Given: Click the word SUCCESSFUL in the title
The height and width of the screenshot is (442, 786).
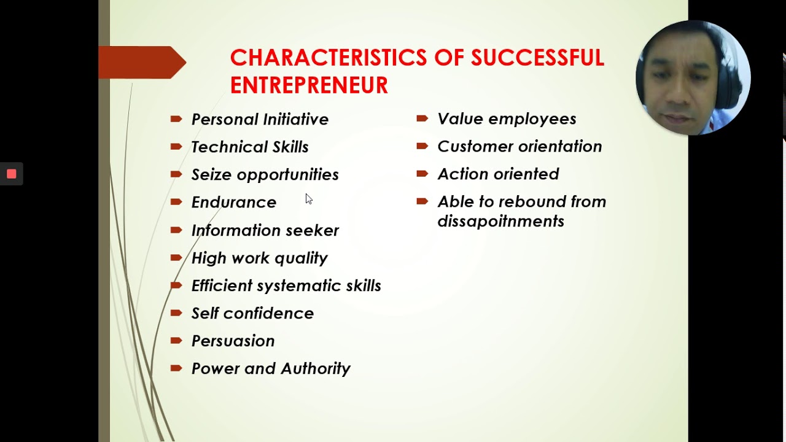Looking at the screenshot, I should coord(537,58).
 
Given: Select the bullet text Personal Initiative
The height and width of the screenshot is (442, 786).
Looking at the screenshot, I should coord(260,119).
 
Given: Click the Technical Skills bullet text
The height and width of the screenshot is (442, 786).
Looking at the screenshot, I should coord(250,147).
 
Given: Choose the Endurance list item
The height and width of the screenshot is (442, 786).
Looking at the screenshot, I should coord(234,202).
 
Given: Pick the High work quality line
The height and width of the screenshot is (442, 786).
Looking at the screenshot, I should coord(259,258).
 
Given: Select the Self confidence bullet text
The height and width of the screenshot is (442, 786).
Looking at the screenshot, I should coord(252,313).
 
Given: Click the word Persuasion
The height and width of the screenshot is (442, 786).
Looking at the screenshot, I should coord(233,341).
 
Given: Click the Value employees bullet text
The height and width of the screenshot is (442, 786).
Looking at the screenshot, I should coord(507,118).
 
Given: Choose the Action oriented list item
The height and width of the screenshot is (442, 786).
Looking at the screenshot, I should coord(498,174).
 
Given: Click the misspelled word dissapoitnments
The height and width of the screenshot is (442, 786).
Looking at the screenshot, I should coord(500,221).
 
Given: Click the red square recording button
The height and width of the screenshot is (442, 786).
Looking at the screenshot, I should coord(11,174).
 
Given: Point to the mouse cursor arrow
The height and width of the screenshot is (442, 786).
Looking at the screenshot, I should coord(308,198).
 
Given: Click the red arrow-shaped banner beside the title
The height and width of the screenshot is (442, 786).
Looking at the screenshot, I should coord(142,62).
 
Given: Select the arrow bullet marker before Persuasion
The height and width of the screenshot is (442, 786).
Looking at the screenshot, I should coord(176,340).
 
